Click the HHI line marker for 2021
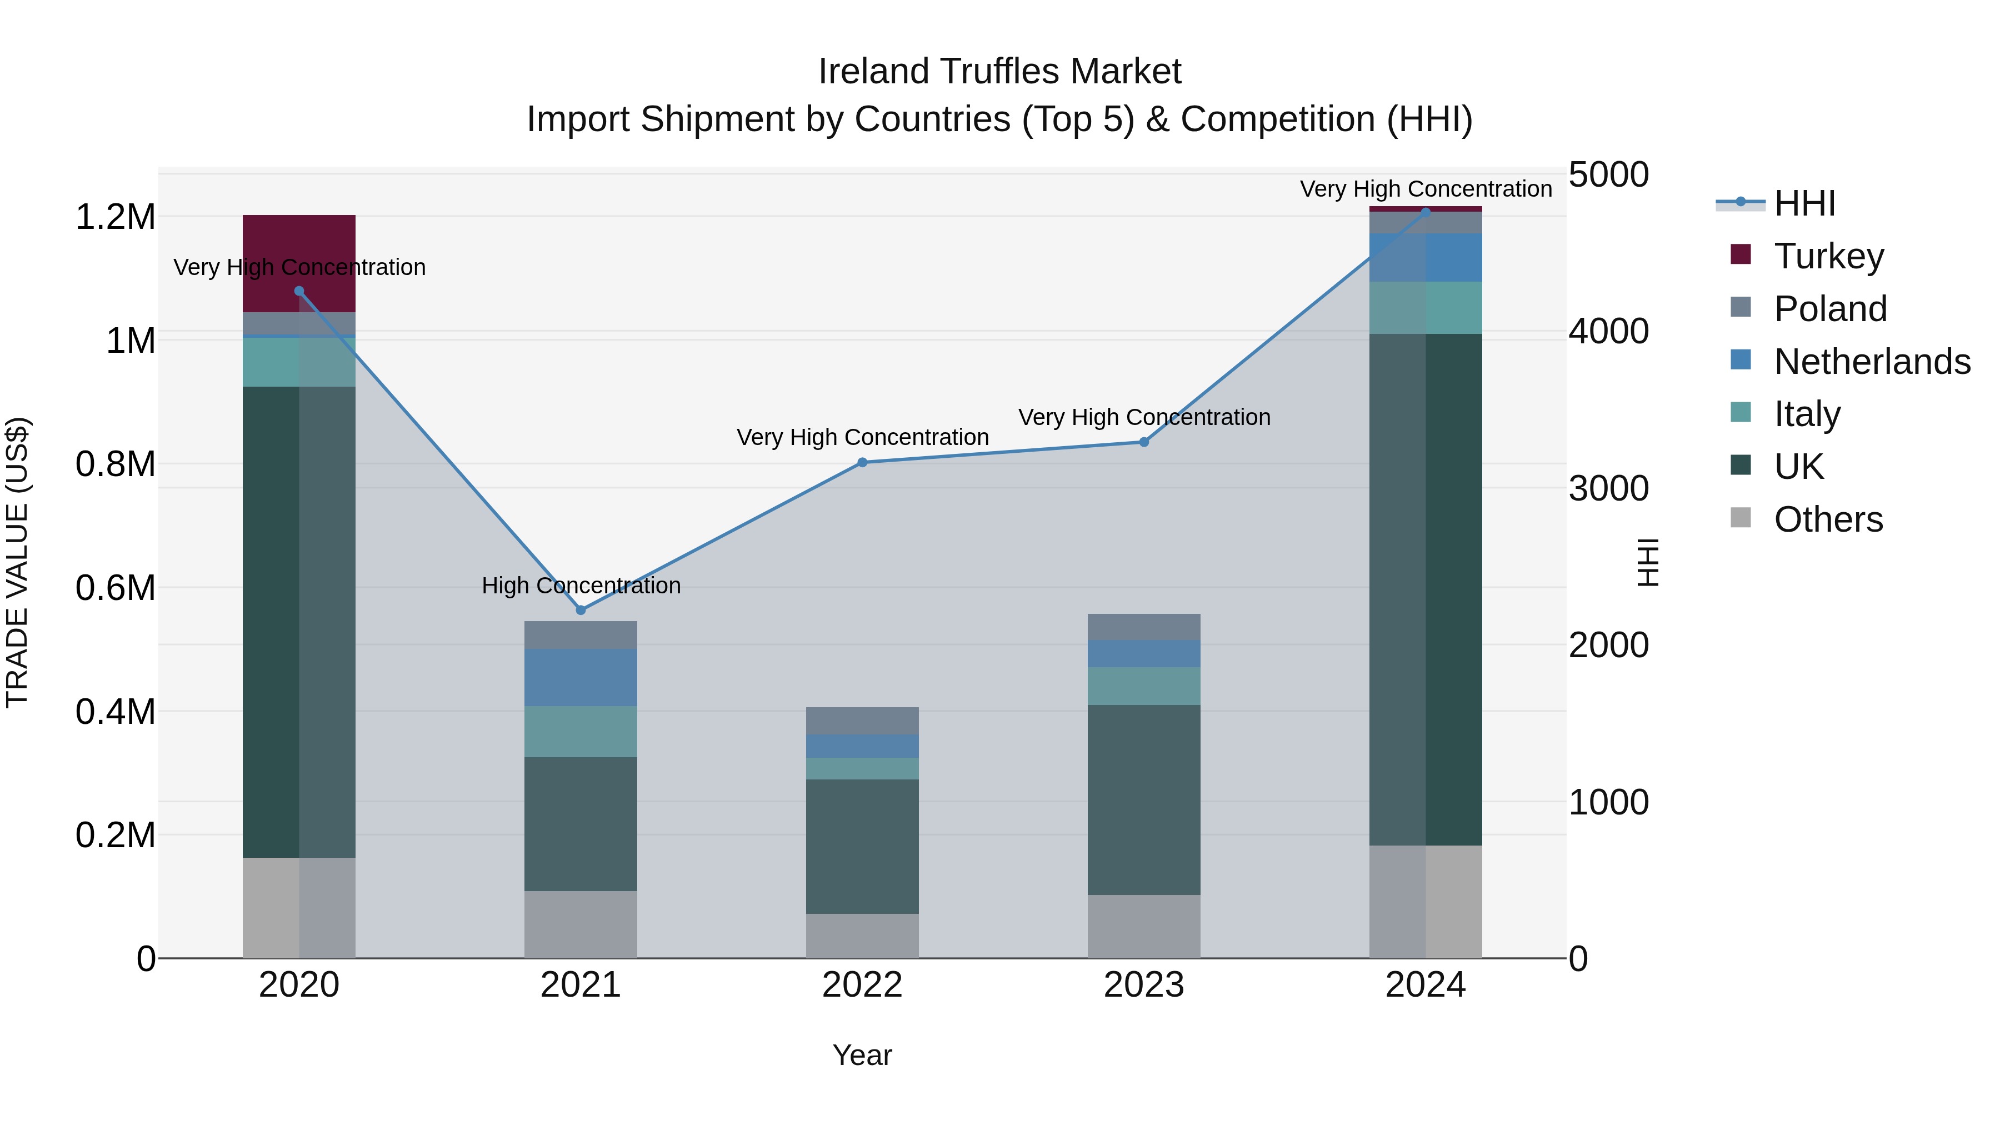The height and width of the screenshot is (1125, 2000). coord(581,610)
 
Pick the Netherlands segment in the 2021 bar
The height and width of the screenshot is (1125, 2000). coord(581,677)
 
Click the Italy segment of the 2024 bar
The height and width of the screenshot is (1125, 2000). coord(1426,307)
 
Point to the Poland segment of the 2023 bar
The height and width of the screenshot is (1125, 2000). coord(1144,627)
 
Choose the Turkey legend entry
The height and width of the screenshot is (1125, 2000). coord(1828,256)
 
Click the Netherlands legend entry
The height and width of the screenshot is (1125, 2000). coord(1871,362)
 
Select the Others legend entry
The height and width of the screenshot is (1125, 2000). coord(1828,519)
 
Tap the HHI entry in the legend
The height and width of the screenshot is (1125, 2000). coord(1804,203)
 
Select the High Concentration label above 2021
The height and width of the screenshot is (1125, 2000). coord(581,586)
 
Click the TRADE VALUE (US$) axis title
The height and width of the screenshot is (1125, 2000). coord(17,563)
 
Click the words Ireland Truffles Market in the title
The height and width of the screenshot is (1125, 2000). coord(999,72)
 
